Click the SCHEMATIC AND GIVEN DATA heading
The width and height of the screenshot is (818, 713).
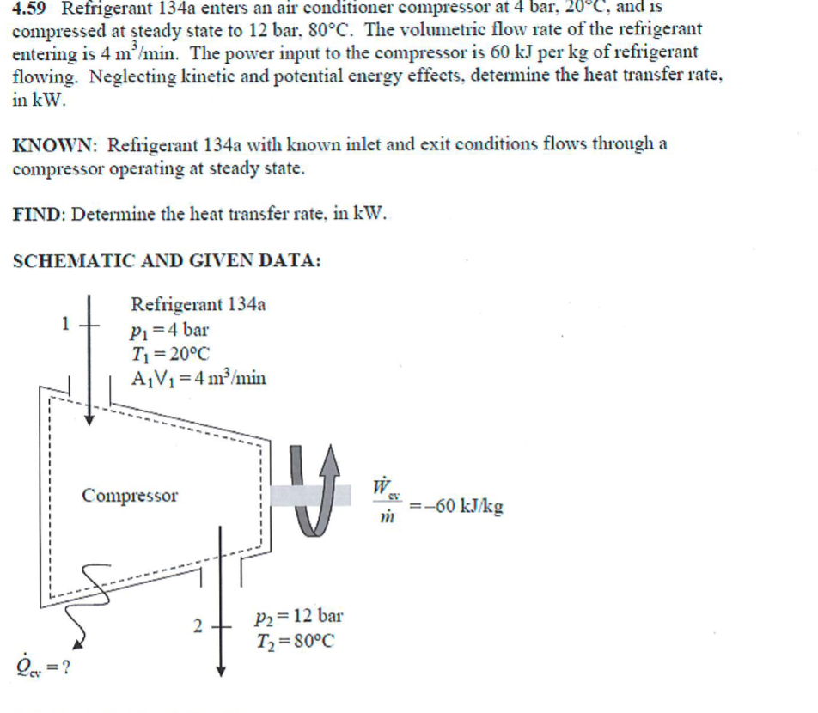pos(168,261)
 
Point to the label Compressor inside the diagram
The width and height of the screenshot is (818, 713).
pos(130,496)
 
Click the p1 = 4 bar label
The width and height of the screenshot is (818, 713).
pos(169,329)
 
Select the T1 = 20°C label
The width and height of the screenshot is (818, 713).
pos(169,353)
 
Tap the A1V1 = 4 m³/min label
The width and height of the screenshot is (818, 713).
pos(198,378)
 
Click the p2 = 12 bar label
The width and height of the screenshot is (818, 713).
pos(299,616)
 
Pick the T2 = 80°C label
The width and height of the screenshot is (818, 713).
pos(295,641)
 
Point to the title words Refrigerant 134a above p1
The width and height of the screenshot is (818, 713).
pos(198,304)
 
